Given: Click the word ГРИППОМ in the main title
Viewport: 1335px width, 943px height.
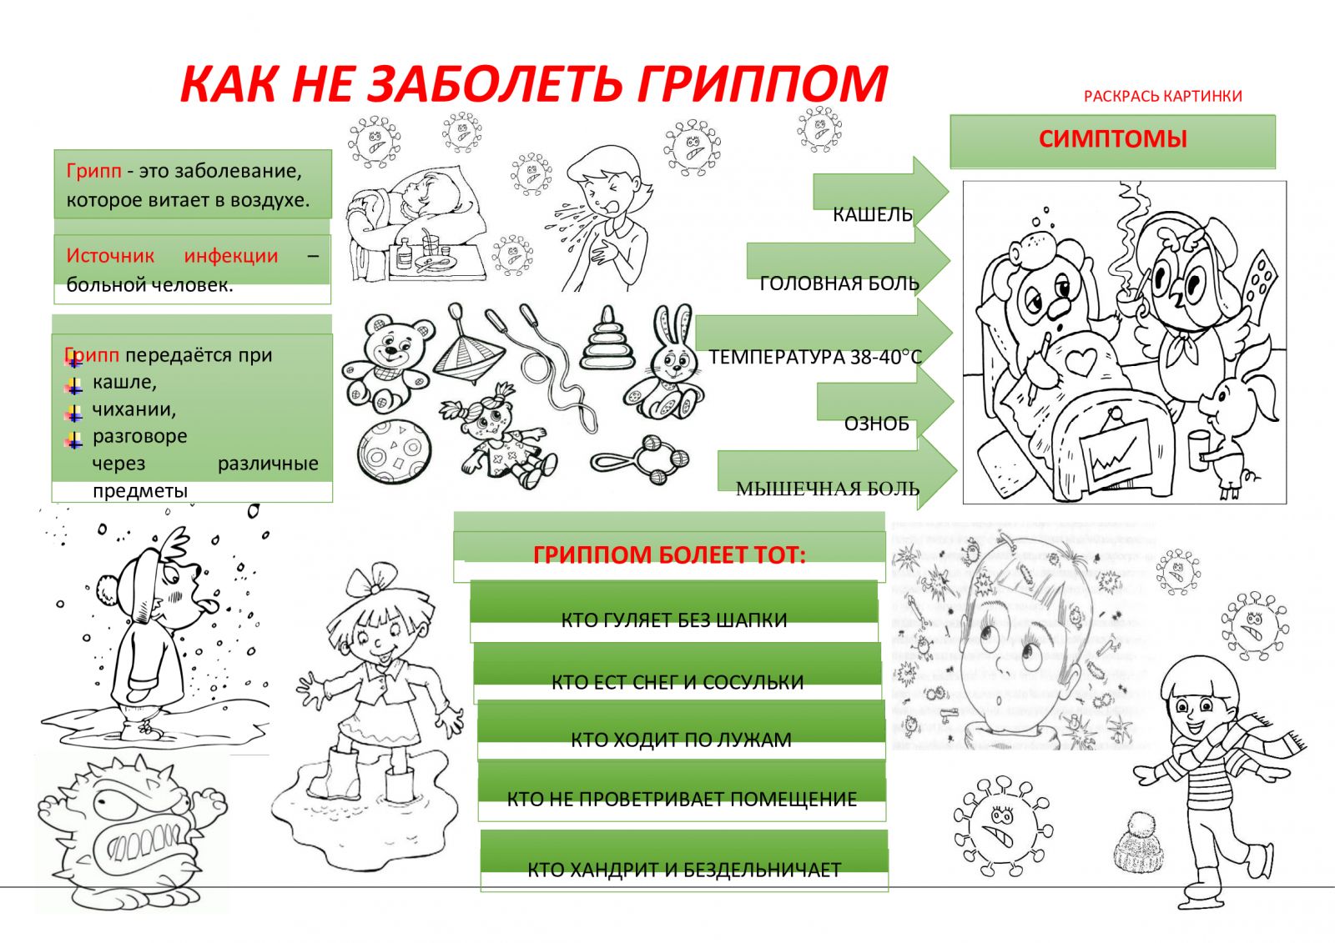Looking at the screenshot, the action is pos(763,83).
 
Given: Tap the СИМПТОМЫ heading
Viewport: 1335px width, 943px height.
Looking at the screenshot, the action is pos(1112,139).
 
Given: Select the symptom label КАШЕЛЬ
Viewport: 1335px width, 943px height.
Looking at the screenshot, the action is pos(873,214).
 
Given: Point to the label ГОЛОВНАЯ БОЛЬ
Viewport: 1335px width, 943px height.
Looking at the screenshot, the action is pos(839,283).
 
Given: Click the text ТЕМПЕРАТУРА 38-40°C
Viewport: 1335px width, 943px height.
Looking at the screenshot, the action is pos(815,357).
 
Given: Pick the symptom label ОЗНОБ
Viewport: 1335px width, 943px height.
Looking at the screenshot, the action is pos(877,424).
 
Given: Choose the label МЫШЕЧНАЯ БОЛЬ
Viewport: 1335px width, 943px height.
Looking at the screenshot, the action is pos(828,489).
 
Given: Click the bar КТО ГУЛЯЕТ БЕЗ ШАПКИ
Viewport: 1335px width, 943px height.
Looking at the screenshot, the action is pos(674,619).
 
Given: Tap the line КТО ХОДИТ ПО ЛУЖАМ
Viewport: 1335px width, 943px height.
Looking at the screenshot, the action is pos(681,740).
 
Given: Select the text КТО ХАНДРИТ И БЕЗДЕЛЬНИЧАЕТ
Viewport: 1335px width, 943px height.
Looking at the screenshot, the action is pos(684,870).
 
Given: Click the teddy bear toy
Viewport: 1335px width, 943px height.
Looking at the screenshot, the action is pos(387,362).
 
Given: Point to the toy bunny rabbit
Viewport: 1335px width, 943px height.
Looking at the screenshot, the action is pos(662,363).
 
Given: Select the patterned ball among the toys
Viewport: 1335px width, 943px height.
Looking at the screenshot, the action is pos(393,452).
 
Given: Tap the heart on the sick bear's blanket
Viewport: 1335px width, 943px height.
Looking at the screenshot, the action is pos(1083,362).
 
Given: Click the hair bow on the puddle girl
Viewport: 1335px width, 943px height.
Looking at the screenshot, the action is pos(373,577).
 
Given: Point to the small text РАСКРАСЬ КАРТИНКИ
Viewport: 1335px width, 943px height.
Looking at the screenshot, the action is pos(1163,97).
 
